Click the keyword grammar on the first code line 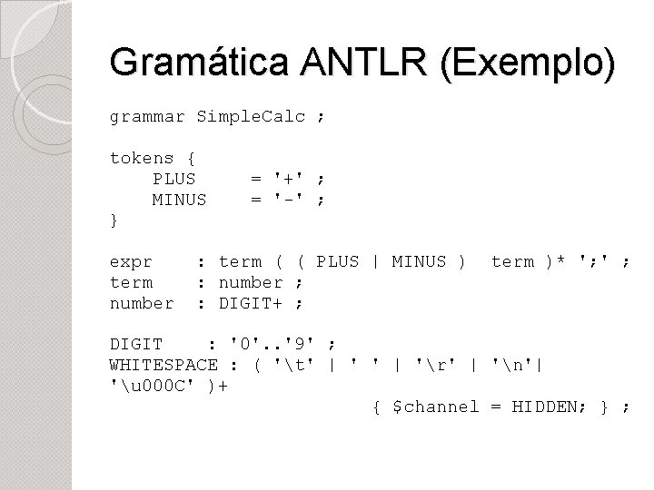click(147, 117)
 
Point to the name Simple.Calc click(251, 117)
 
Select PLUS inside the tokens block click(174, 178)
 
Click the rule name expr click(131, 261)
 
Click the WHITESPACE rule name click(163, 365)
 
